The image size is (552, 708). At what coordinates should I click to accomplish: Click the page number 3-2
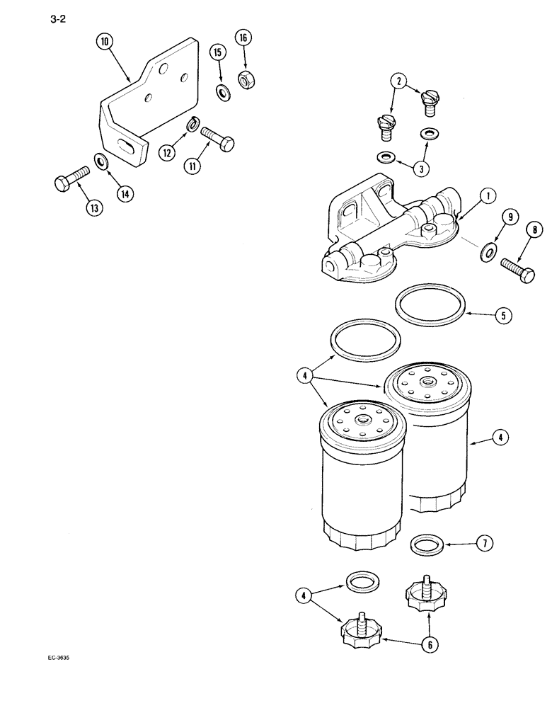click(x=59, y=21)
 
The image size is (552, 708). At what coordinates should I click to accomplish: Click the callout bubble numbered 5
click(x=502, y=316)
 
